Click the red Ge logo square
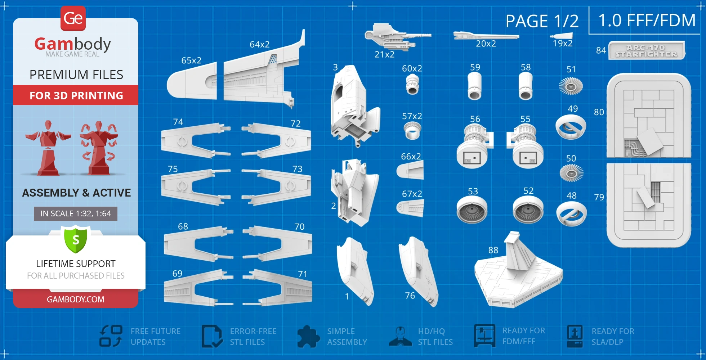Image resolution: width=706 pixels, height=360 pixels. point(73,18)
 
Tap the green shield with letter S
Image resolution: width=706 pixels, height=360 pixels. point(76,239)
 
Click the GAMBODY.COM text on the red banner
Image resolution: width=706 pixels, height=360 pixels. point(76,299)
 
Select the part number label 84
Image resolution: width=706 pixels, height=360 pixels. point(601,50)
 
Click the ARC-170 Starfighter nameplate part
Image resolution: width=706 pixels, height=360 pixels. point(647,51)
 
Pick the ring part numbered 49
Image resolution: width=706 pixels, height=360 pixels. point(571,127)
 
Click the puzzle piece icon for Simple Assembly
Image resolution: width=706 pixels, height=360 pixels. point(308,337)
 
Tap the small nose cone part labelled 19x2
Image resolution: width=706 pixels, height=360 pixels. point(562,36)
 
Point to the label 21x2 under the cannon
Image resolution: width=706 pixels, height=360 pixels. point(384,54)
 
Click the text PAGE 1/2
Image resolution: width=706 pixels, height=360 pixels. point(542,21)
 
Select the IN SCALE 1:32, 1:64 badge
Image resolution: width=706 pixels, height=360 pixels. point(76,213)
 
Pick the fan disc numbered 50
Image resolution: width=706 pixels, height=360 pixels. point(571,172)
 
